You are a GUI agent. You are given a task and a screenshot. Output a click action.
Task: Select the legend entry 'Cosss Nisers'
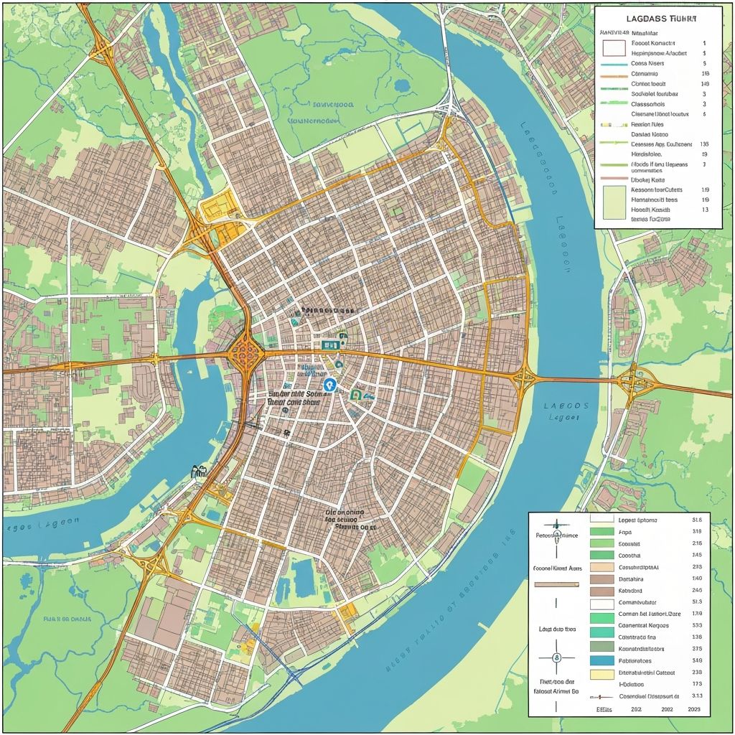click(647, 63)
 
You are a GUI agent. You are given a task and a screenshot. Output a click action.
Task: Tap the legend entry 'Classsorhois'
click(647, 103)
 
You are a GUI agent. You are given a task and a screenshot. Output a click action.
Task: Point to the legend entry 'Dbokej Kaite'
click(647, 180)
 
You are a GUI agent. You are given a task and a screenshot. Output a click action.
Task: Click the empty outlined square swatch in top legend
click(613, 48)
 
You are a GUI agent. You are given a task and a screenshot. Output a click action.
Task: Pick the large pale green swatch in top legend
click(615, 202)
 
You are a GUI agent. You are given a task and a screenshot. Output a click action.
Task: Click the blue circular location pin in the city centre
click(329, 385)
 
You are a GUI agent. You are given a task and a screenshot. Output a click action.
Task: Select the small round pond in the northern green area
click(402, 85)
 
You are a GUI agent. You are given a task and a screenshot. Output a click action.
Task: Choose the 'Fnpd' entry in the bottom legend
click(626, 532)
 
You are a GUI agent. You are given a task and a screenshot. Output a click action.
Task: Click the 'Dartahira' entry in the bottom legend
click(631, 579)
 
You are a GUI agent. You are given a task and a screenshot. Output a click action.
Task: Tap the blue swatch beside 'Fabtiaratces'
click(601, 660)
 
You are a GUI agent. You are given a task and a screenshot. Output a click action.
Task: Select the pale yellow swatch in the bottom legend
click(601, 673)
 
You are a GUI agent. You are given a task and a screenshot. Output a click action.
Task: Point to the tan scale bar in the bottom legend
click(556, 584)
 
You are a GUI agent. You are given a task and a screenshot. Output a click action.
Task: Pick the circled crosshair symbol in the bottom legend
click(556, 658)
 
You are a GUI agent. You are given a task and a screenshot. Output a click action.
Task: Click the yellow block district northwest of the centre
click(215, 209)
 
